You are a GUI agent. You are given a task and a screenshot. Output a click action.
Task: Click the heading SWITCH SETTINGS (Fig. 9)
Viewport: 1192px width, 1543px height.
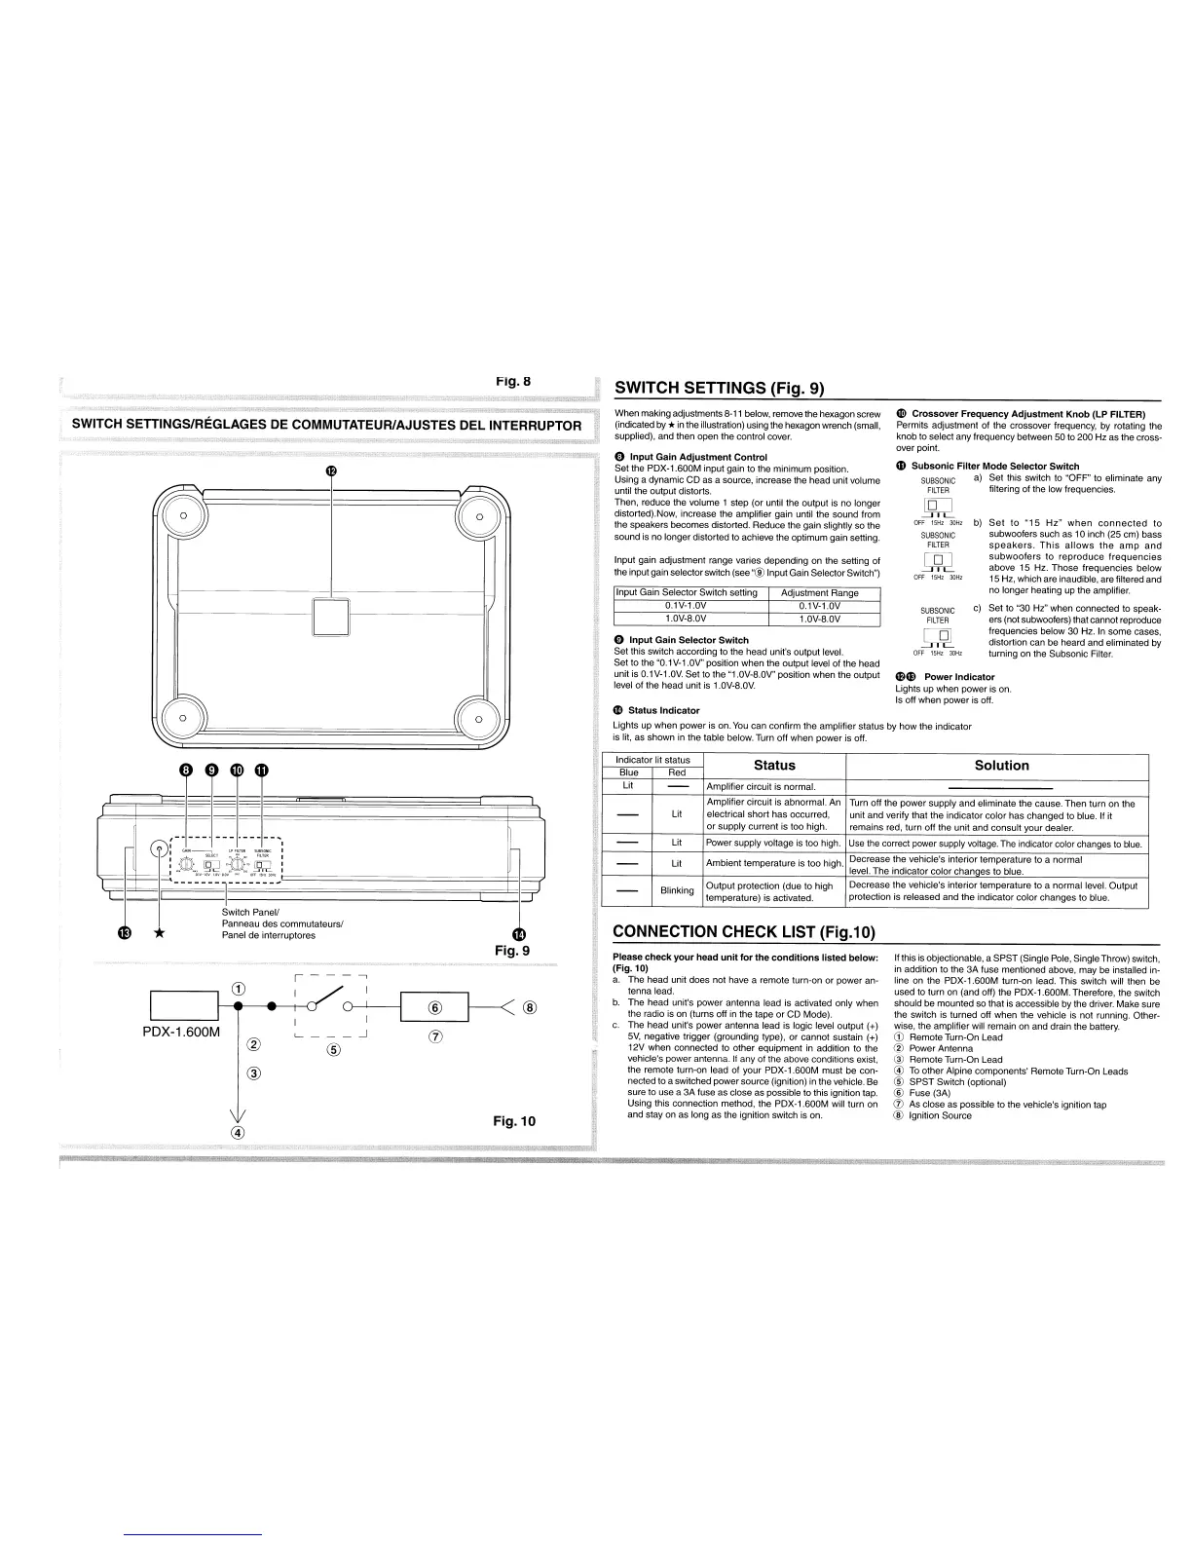pos(719,388)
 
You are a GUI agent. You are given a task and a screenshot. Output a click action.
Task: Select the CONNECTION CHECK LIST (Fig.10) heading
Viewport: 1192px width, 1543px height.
pos(743,932)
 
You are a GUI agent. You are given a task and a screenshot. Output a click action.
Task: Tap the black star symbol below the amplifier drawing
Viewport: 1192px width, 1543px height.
pos(159,933)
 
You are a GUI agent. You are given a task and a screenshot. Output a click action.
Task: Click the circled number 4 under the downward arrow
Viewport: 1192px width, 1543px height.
pos(237,1132)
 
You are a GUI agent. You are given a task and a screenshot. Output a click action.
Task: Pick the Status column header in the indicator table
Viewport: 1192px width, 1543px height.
pos(774,766)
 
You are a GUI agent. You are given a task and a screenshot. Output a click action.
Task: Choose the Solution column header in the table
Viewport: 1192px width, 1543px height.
pos(1001,766)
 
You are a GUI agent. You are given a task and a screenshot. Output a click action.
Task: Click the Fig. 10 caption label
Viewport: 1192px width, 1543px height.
pos(513,1121)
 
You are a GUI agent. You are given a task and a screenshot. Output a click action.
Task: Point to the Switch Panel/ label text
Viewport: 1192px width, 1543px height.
pos(251,912)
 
